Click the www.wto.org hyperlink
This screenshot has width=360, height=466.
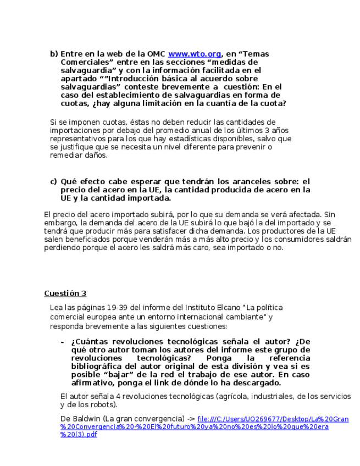click(195, 54)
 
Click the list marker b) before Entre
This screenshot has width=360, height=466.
click(53, 54)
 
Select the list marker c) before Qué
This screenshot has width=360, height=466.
click(53, 181)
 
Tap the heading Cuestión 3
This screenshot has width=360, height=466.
click(65, 293)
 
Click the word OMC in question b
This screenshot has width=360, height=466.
click(156, 54)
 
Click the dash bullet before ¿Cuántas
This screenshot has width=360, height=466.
click(62, 341)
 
